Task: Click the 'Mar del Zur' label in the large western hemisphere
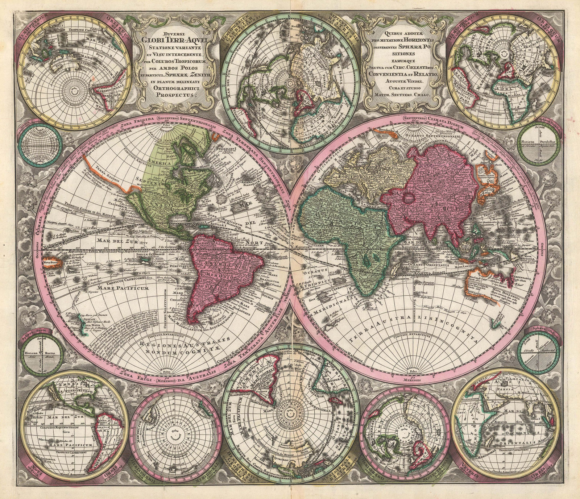pos(108,240)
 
